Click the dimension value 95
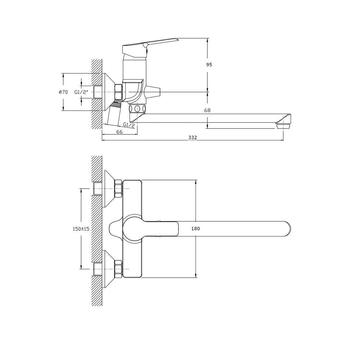click(209, 65)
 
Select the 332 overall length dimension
click(193, 138)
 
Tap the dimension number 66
click(120, 132)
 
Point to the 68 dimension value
click(207, 111)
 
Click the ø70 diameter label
click(63, 92)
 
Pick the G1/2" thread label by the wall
click(81, 92)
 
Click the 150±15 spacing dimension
click(81, 229)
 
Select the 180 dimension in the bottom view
click(195, 229)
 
